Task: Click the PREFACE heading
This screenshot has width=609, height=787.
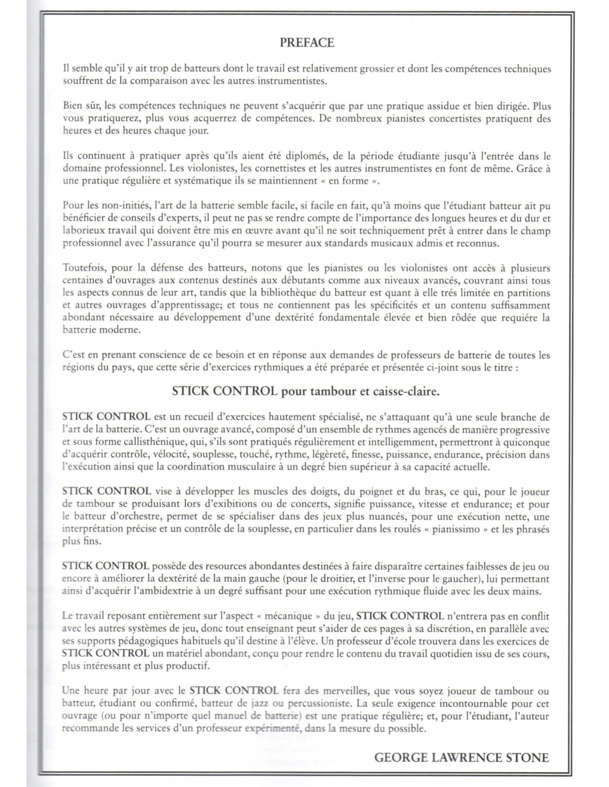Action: click(307, 43)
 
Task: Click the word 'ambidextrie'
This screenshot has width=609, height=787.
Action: click(170, 591)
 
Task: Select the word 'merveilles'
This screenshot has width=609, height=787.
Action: click(335, 691)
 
